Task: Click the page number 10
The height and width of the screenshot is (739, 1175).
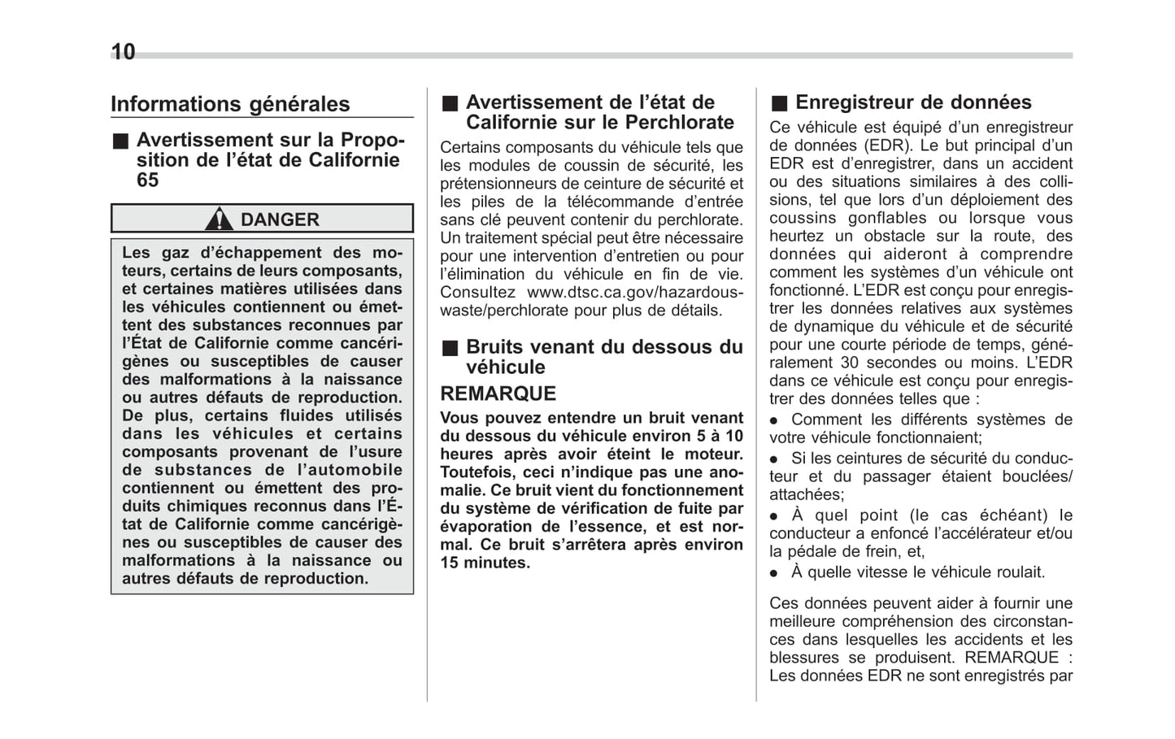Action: click(x=123, y=53)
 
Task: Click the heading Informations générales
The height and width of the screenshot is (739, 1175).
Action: click(x=230, y=104)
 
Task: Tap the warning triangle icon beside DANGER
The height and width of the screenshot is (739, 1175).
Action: click(x=219, y=219)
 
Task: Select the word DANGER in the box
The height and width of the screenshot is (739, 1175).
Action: click(x=280, y=220)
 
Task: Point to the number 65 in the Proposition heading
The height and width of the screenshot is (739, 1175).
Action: click(x=148, y=180)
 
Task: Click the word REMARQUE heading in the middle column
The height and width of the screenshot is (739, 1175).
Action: click(x=498, y=393)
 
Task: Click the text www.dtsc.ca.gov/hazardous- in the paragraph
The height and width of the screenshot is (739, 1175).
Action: click(x=634, y=292)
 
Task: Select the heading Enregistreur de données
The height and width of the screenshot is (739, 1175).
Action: click(x=913, y=102)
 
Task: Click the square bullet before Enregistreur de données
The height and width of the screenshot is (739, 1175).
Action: click(x=779, y=103)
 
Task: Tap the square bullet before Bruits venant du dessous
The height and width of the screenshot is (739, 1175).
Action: click(x=450, y=348)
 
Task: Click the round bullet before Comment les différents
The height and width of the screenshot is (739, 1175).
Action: click(x=774, y=420)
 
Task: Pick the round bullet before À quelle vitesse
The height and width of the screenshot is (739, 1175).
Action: click(x=774, y=573)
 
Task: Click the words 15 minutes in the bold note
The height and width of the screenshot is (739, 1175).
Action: click(x=485, y=563)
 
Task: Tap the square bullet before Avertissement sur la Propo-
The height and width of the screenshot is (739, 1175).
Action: click(x=120, y=141)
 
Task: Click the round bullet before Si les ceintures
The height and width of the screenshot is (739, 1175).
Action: click(x=774, y=459)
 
